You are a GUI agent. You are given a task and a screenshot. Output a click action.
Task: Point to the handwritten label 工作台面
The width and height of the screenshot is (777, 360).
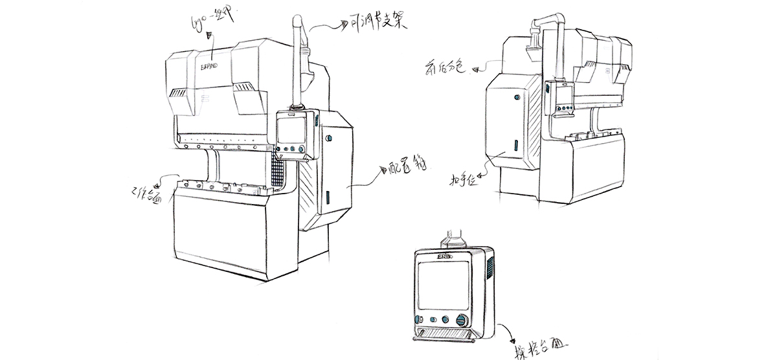145,193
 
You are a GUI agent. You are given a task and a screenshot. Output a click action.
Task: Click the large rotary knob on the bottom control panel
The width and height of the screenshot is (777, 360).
462,321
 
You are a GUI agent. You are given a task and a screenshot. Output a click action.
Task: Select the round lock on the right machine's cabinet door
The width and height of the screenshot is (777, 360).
516,97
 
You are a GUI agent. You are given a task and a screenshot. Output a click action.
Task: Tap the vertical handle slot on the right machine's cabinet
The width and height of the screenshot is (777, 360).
516,146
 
